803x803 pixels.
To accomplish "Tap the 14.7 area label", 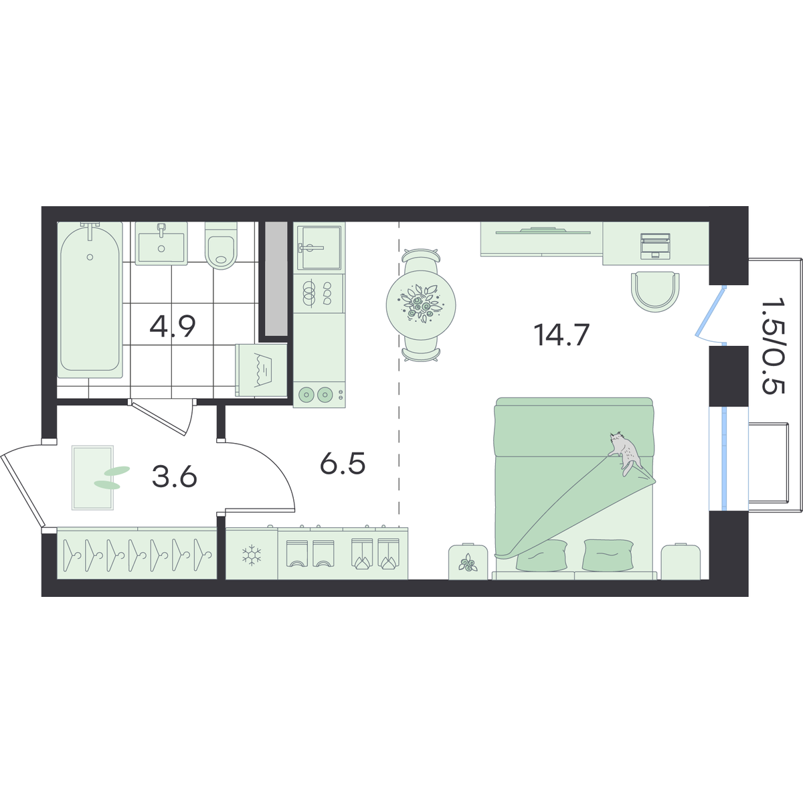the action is pyautogui.click(x=561, y=335).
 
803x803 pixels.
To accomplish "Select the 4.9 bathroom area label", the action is pyautogui.click(x=173, y=327).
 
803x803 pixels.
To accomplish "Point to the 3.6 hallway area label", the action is pyautogui.click(x=174, y=476).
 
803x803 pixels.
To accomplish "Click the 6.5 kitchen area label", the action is pyautogui.click(x=343, y=464).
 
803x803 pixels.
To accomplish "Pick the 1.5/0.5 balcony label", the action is pyautogui.click(x=773, y=345).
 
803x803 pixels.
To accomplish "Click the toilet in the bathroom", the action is pyautogui.click(x=221, y=246).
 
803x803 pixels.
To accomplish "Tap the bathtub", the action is pyautogui.click(x=90, y=300).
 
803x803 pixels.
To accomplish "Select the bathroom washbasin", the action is pyautogui.click(x=161, y=244).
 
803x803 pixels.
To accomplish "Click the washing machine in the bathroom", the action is pyautogui.click(x=261, y=370).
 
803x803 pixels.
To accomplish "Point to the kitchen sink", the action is pyautogui.click(x=319, y=248).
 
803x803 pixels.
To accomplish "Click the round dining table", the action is pyautogui.click(x=421, y=305).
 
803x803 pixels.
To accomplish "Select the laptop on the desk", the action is pyautogui.click(x=656, y=246).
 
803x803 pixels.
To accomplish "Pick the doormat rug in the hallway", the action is pyautogui.click(x=92, y=478).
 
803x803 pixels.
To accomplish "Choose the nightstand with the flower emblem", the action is pyautogui.click(x=468, y=561).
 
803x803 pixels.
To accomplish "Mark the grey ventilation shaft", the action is pyautogui.click(x=276, y=279).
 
